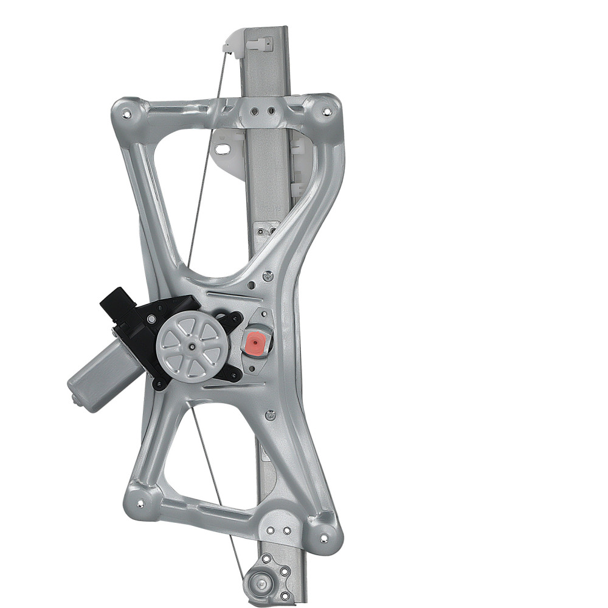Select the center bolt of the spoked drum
pos(192,347)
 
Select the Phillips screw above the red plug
pos(268,276)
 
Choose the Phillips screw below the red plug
pos(271,415)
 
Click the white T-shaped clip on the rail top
pos(257,43)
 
